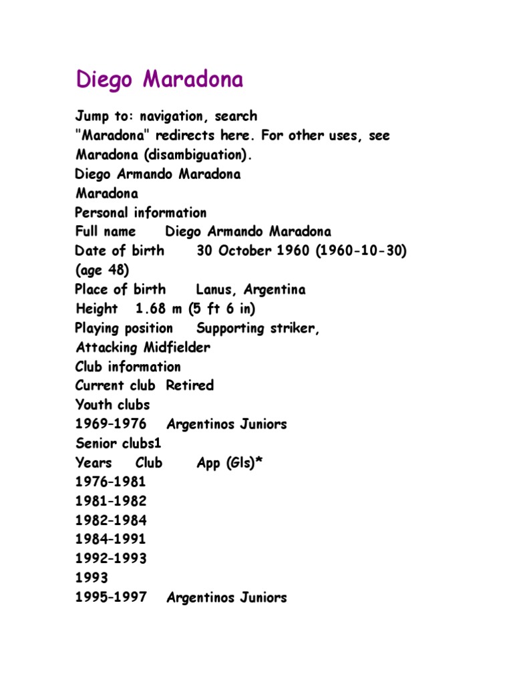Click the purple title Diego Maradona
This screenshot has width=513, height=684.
click(x=159, y=79)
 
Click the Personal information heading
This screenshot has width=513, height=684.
click(x=141, y=212)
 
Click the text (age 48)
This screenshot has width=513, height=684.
click(x=102, y=271)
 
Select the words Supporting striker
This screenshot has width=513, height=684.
click(x=257, y=329)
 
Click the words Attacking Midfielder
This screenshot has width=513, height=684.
click(x=143, y=347)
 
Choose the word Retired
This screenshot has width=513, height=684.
click(x=190, y=385)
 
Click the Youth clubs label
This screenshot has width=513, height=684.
click(x=112, y=405)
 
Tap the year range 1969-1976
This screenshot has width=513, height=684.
click(x=111, y=424)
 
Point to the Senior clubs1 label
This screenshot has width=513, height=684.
click(x=118, y=444)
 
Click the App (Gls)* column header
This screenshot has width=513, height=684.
click(x=230, y=463)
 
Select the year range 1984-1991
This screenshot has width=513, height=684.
click(x=111, y=539)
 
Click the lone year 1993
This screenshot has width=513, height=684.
click(x=92, y=578)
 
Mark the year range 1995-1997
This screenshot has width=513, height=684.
click(x=111, y=598)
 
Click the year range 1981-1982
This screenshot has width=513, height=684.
click(x=111, y=501)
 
